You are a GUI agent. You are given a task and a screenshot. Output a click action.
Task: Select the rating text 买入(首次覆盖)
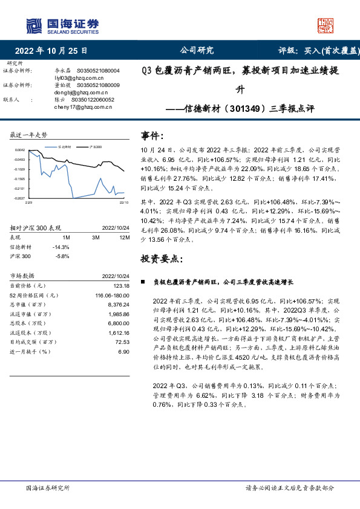coord(329,51)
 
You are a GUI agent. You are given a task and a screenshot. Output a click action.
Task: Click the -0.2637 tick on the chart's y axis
coord(19,198)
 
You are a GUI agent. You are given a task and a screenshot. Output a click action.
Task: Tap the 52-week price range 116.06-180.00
coord(112,295)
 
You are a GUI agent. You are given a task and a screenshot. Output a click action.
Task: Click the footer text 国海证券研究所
coord(48,487)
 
